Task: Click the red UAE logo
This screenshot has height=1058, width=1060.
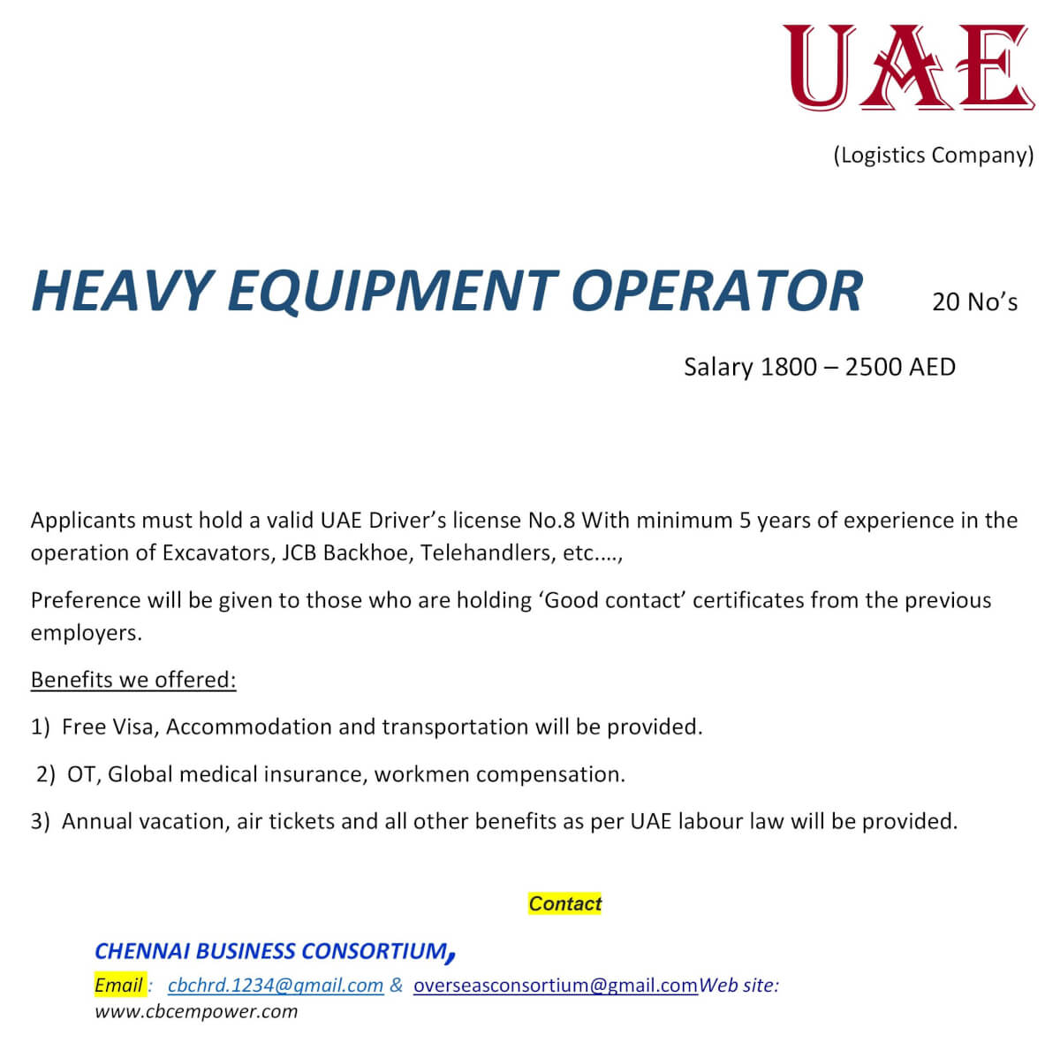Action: coord(908,68)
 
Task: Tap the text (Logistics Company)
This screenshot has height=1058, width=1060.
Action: coord(933,156)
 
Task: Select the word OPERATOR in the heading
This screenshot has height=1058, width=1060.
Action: coord(716,291)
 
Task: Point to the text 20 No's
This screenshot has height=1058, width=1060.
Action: coord(974,302)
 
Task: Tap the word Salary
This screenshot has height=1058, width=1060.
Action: coord(718,367)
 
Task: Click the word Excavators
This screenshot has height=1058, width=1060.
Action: coord(216,553)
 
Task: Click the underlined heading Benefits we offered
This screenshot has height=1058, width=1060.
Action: coord(133,680)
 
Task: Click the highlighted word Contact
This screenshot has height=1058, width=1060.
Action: coord(564,903)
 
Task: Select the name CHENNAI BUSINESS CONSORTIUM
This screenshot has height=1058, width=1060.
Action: coord(271,952)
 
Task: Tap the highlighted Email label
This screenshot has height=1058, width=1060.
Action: coord(118,986)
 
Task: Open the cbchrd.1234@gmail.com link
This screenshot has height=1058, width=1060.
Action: coord(275,986)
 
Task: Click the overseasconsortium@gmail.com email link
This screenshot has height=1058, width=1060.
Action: coord(555,986)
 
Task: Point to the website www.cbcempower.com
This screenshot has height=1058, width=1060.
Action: coord(196,1012)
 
